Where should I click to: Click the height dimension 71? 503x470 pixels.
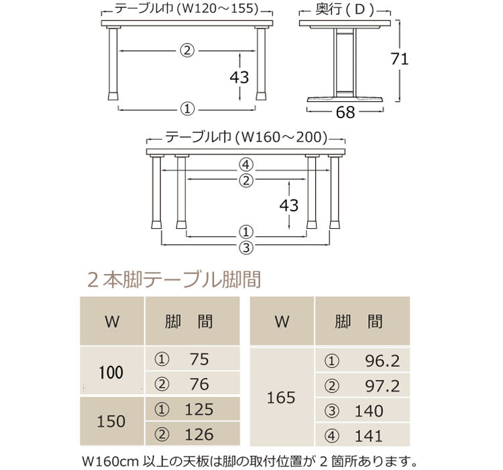(400, 59)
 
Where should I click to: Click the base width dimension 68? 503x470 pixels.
(345, 113)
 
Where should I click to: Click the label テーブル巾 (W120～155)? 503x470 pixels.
(187, 9)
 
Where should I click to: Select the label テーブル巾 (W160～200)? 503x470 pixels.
(246, 138)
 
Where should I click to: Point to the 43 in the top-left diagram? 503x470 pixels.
(239, 77)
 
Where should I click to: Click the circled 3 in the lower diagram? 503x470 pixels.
(245, 247)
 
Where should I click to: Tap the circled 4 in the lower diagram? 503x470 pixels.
(245, 164)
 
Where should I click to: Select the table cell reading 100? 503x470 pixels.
(111, 372)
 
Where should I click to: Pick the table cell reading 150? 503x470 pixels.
(111, 422)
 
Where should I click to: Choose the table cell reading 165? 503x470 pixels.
(281, 397)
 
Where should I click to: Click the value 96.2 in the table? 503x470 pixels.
(382, 361)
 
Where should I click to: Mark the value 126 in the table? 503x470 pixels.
(199, 434)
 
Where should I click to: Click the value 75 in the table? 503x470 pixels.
(199, 360)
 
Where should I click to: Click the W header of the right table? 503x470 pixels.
(282, 322)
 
